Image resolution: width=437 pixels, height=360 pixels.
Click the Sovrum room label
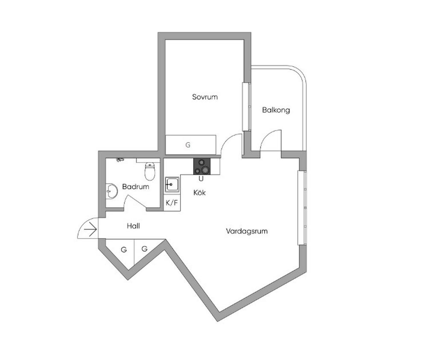pos(204,97)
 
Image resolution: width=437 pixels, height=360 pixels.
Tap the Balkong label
pos(276,110)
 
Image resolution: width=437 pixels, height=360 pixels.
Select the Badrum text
pos(135,186)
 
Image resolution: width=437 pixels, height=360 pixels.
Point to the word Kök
pos(200,192)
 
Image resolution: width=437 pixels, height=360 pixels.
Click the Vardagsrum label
pos(247,231)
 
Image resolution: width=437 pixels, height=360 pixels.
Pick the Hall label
pos(133,226)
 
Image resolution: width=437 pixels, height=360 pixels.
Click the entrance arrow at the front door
pos(90,229)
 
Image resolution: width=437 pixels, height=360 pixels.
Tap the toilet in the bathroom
pos(150,171)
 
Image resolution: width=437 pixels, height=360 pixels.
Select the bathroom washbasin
pos(112,191)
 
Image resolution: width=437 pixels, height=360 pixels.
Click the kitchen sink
pos(172,184)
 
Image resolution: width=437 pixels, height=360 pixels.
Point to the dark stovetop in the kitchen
pos(202,166)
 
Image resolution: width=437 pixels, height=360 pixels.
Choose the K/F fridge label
pos(172,203)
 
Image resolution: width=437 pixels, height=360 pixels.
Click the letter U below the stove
pos(201,179)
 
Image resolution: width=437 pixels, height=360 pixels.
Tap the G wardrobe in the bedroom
pos(191,145)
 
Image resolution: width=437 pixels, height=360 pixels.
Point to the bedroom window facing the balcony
pos(247,107)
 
